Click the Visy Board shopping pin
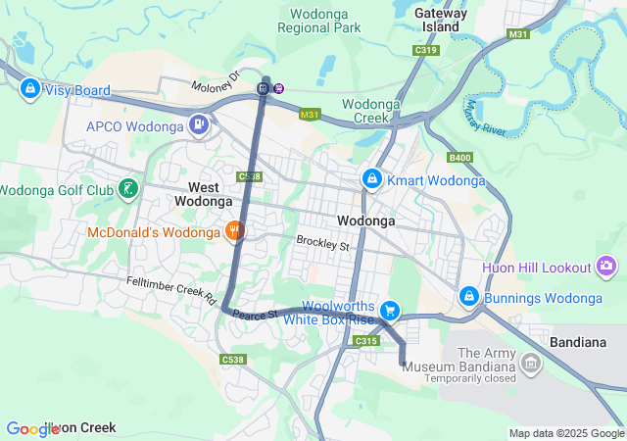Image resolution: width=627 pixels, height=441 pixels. [30, 89]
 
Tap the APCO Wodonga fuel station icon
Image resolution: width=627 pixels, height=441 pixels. [200, 124]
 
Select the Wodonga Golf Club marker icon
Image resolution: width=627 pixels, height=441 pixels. [127, 188]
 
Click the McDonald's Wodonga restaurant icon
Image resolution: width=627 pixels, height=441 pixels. [234, 231]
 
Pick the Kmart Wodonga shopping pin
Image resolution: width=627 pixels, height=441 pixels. [372, 179]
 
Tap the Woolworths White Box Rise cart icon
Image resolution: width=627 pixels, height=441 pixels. [390, 310]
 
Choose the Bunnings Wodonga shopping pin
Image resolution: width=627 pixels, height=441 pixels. [469, 296]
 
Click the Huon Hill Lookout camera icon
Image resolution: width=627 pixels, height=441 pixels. [607, 267]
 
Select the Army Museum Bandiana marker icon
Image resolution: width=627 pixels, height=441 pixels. [532, 365]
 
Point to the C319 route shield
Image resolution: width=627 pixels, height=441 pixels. [426, 49]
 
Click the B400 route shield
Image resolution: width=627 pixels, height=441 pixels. [459, 157]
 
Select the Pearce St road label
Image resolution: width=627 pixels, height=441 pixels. [257, 314]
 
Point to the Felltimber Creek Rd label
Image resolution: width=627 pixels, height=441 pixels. [171, 289]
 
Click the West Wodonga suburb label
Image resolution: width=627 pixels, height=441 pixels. [204, 193]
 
